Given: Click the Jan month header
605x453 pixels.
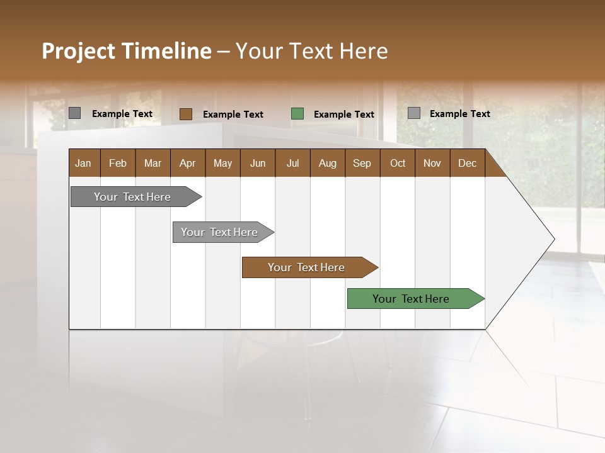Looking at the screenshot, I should click(83, 164).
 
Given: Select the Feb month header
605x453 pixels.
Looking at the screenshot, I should click(118, 164).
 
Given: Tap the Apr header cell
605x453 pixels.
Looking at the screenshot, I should click(187, 164).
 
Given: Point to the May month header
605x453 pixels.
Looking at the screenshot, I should click(222, 164).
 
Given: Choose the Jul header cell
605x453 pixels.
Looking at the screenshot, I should click(292, 164).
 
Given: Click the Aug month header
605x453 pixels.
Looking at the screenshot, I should click(327, 164).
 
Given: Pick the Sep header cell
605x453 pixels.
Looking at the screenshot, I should click(362, 164).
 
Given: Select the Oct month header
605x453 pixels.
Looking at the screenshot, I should click(398, 164).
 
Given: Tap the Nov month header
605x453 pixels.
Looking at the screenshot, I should click(432, 164).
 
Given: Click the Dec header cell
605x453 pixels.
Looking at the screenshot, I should click(467, 164).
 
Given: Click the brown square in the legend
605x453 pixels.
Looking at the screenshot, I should click(186, 114).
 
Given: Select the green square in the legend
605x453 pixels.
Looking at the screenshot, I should click(297, 114).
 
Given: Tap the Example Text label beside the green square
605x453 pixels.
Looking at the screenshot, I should click(344, 115).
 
